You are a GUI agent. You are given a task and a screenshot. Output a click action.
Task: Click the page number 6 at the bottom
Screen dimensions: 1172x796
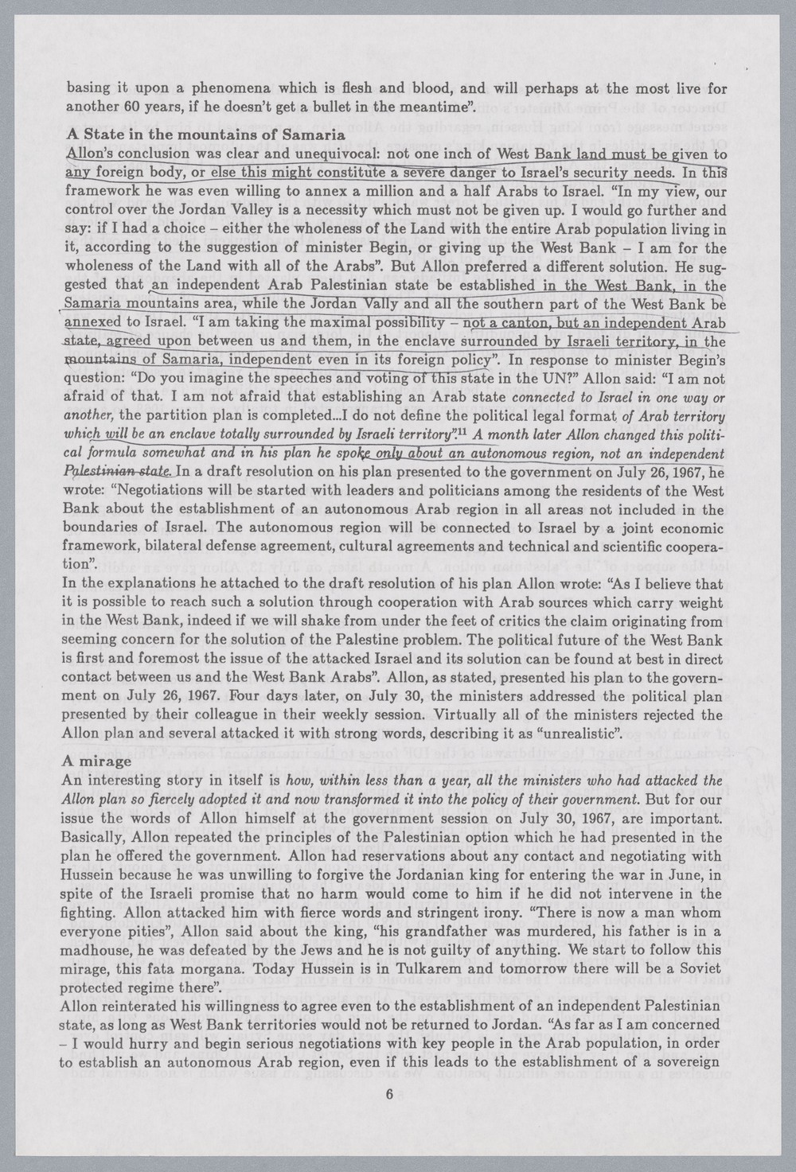pyautogui.click(x=389, y=1094)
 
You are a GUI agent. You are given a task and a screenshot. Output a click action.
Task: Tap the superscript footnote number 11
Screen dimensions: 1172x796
pyautogui.click(x=459, y=432)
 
